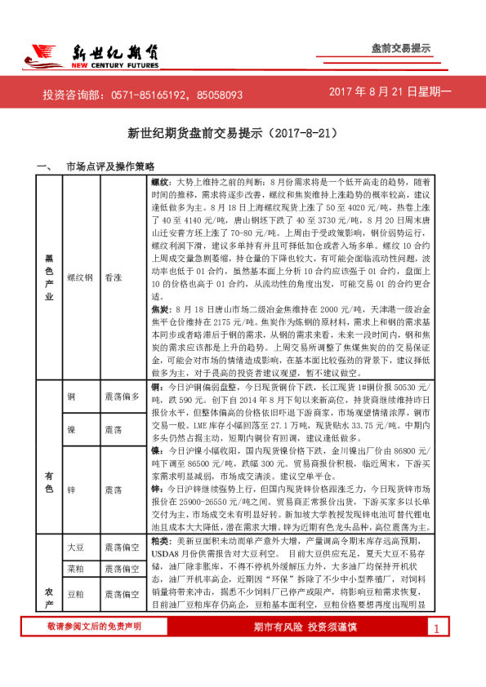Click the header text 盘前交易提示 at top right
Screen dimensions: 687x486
tap(400, 48)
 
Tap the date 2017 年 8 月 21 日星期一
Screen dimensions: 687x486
tap(390, 94)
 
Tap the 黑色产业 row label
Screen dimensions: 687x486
tap(49, 277)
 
